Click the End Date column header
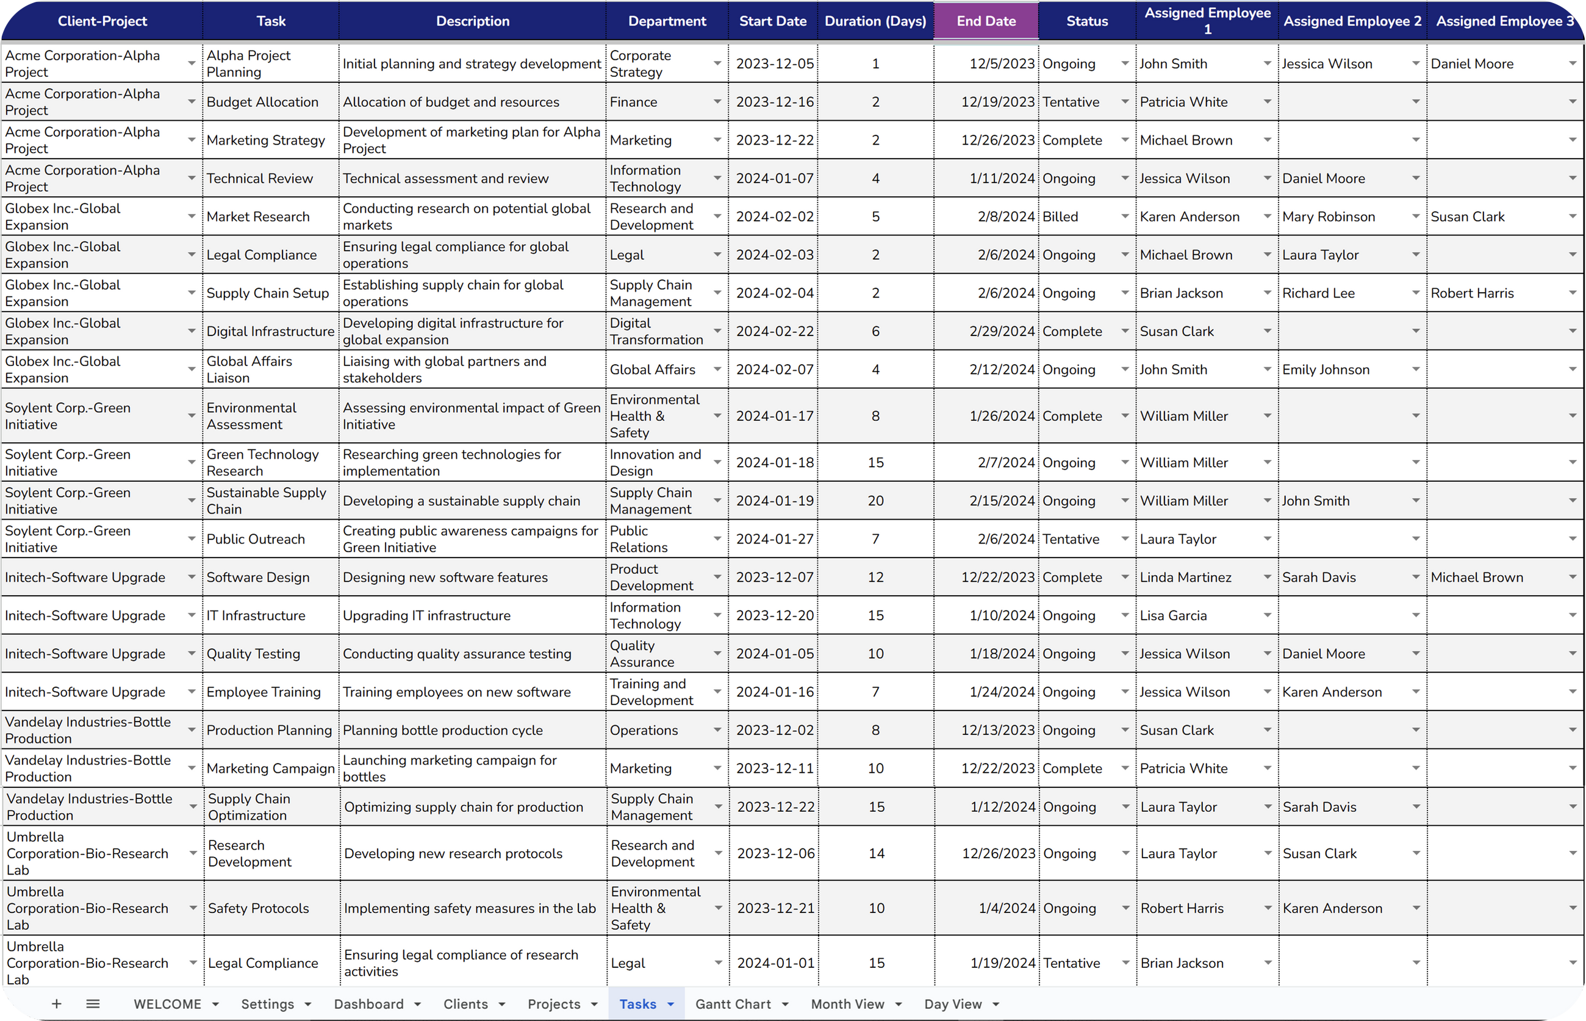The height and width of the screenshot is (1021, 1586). point(985,21)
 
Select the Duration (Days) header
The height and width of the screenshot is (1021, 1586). point(875,21)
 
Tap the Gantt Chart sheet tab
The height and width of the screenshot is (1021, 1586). point(733,1005)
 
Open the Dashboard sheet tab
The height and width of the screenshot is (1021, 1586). point(368,1005)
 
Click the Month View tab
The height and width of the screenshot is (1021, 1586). point(847,1005)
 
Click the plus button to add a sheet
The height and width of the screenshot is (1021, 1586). point(57,1005)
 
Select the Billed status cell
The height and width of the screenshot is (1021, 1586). point(1060,217)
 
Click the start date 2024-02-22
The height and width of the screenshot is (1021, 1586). point(775,332)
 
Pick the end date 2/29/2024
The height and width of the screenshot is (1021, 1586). point(1002,332)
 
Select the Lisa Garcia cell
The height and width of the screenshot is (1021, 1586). point(1173,616)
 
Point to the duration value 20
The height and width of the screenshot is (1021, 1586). point(875,501)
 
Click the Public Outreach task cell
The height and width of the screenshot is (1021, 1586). point(256,540)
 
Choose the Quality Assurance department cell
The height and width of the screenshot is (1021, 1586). point(641,654)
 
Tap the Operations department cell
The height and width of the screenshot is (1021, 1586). point(643,731)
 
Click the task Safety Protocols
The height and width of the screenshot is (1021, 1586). point(259,908)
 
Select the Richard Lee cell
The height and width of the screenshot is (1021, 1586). point(1318,293)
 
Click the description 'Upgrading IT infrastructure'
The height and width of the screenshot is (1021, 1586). point(426,616)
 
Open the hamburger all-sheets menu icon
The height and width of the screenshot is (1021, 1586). point(93,1005)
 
